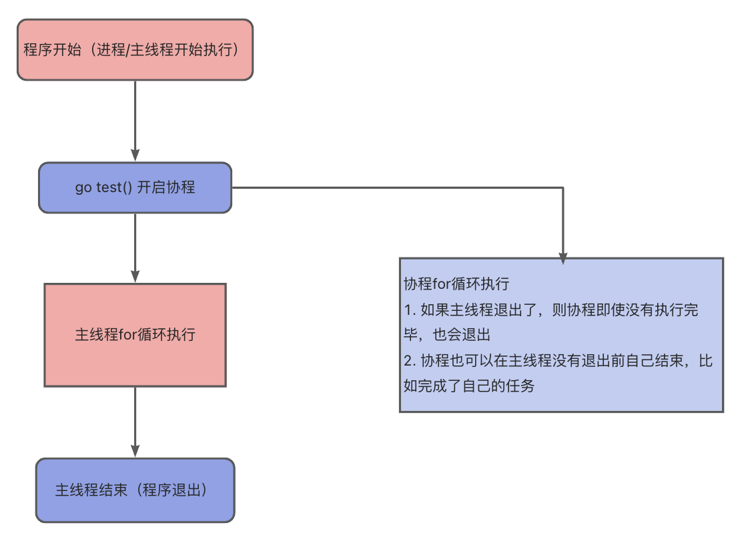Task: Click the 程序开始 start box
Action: coord(135,50)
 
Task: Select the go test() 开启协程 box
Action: coord(135,187)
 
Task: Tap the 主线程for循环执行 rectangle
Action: coord(135,335)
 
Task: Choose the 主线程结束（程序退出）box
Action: coord(135,490)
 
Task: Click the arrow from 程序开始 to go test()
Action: coord(135,120)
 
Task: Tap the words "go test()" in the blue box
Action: coord(103,187)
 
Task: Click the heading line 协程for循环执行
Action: coord(456,284)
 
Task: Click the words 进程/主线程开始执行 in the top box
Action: coord(167,50)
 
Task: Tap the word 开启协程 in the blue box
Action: coord(165,187)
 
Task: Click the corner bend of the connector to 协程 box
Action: coord(562,187)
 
